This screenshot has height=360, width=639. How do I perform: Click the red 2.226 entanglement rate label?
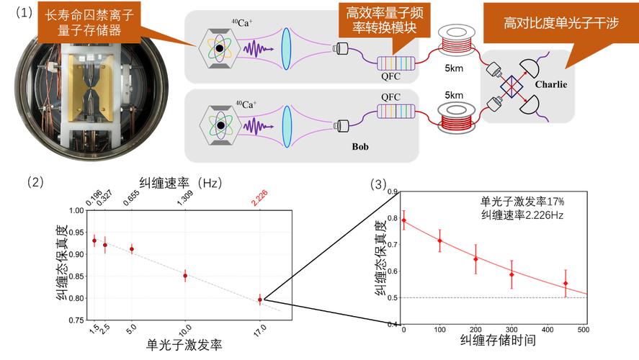(x=259, y=198)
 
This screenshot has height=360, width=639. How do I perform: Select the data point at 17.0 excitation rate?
(x=260, y=300)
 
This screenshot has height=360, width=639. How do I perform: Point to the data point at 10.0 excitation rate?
(x=185, y=276)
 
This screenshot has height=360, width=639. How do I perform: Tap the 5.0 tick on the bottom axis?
(x=131, y=329)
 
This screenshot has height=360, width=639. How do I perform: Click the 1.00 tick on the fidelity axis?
(x=76, y=210)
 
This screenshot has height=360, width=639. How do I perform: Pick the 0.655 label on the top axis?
(x=131, y=198)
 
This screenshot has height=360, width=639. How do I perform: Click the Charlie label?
(x=551, y=84)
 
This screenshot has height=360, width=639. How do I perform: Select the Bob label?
(x=360, y=147)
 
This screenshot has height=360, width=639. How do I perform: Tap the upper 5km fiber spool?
(x=457, y=40)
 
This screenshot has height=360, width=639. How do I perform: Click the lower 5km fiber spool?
(x=457, y=117)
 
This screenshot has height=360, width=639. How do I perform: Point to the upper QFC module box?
(x=396, y=63)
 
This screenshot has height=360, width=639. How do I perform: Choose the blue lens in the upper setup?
(x=287, y=49)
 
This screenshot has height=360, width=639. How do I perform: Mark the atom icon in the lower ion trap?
(x=220, y=125)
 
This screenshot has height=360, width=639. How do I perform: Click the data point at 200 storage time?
(x=475, y=259)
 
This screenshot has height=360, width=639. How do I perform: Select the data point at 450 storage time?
(x=566, y=284)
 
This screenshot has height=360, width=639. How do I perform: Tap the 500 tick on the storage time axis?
(x=584, y=330)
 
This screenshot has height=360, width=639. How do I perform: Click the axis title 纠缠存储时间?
(x=498, y=340)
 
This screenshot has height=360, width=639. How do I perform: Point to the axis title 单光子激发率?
(x=184, y=346)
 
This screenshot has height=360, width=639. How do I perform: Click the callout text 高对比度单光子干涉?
(x=561, y=23)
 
